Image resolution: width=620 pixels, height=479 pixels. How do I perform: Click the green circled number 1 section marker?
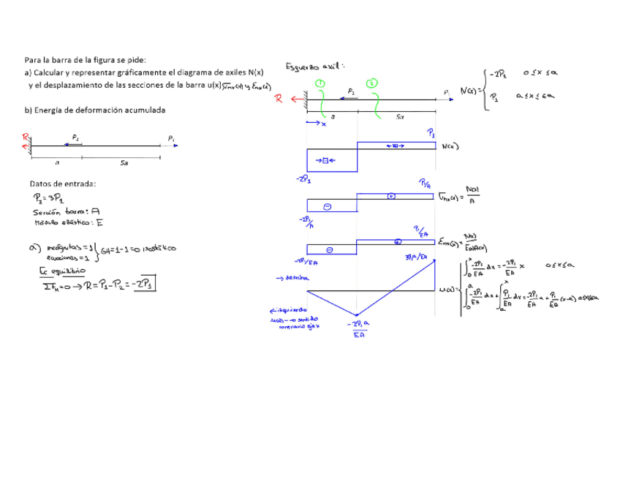320,83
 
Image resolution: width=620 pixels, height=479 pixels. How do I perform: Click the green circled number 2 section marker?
373,83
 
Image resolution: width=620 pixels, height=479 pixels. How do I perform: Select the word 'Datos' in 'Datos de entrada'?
42,184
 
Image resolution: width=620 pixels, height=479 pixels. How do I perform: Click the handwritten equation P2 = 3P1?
49,198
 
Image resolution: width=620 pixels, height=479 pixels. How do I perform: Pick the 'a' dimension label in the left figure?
57,163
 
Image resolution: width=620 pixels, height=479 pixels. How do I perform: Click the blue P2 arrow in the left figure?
74,143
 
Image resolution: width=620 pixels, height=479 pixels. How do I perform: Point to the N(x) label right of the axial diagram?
450,146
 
